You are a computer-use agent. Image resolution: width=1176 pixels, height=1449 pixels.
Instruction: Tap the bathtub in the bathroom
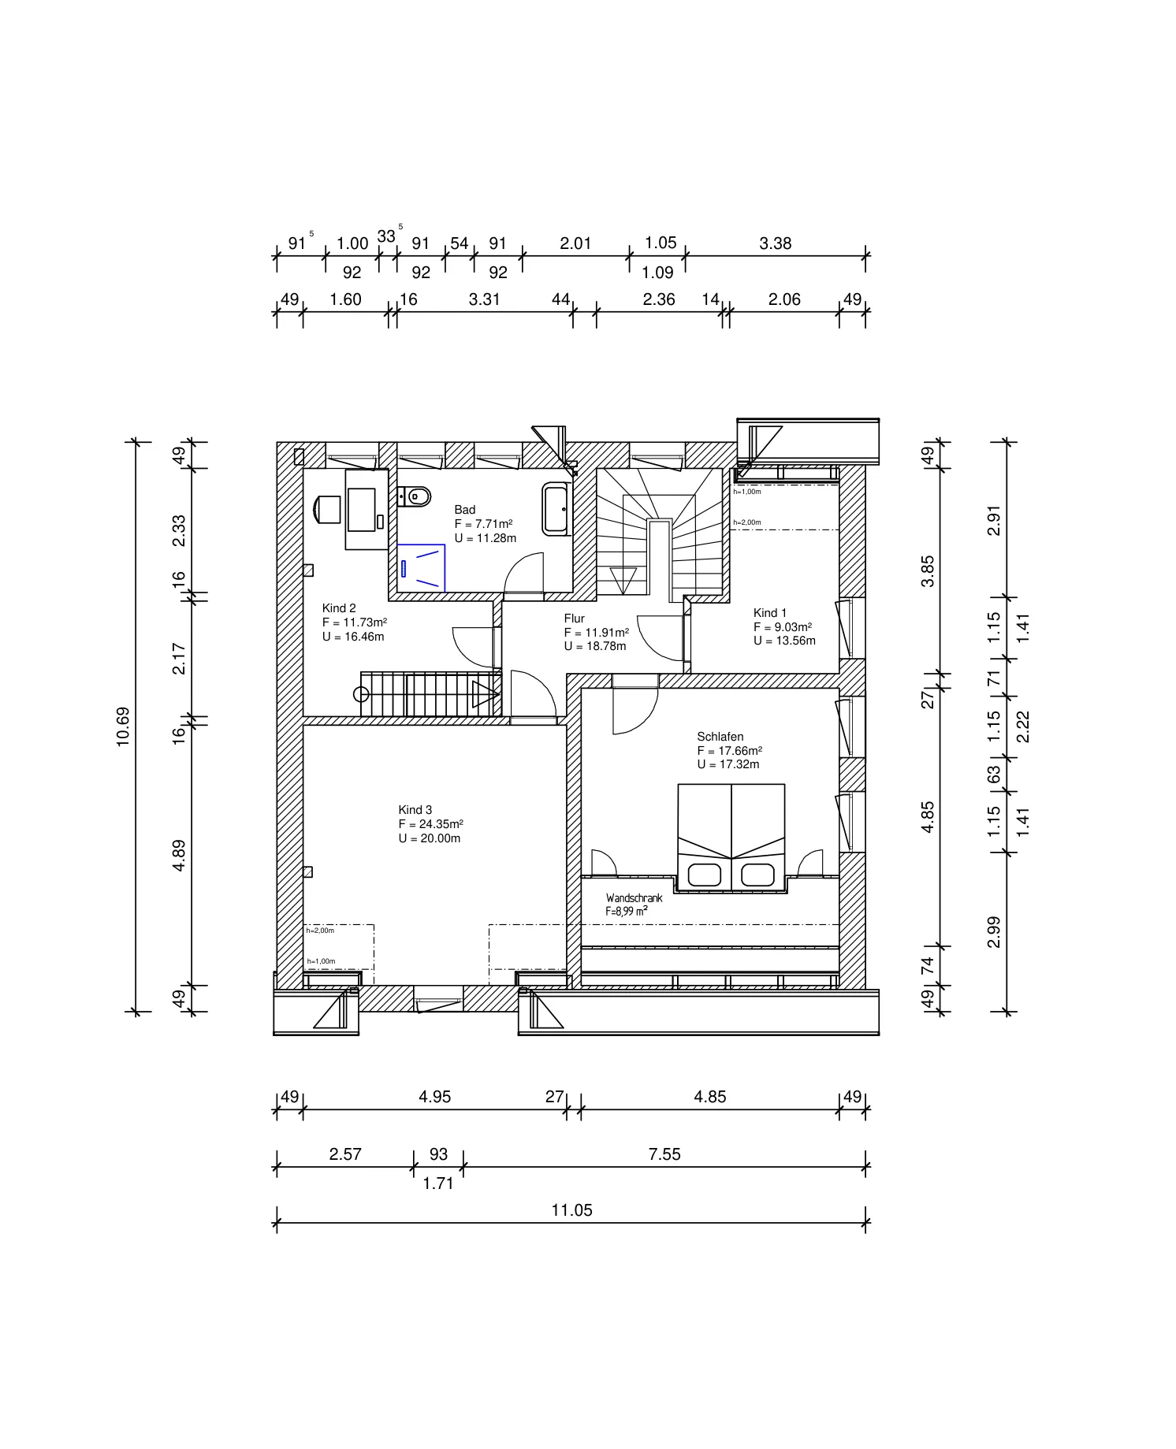[x=557, y=510]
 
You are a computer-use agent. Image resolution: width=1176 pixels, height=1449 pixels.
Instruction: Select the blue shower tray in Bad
[x=421, y=567]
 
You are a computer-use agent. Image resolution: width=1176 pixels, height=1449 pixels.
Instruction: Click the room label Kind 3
[x=415, y=810]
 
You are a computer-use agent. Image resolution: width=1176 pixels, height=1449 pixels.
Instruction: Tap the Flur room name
[x=575, y=619]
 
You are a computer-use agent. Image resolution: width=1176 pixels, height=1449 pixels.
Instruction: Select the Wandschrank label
[x=635, y=898]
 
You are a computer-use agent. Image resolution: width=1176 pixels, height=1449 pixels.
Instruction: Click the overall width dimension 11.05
[x=571, y=1210]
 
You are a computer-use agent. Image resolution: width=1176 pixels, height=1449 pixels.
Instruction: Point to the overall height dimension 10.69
[x=123, y=726]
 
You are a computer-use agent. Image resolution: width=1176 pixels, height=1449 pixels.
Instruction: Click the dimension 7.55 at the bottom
[x=664, y=1154]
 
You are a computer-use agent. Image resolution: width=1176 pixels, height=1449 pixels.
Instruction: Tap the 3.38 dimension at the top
[x=776, y=243]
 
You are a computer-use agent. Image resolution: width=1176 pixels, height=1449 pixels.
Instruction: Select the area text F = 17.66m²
[x=730, y=751]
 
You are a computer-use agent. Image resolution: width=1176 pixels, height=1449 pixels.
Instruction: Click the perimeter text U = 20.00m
[x=430, y=838]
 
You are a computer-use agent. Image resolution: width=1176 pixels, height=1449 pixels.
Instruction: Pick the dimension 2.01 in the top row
[x=575, y=243]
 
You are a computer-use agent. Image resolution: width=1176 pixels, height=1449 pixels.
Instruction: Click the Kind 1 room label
[x=770, y=613]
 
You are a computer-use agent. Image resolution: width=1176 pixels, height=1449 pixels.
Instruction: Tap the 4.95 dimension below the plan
[x=434, y=1097]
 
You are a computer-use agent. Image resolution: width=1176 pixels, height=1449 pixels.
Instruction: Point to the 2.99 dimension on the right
[x=994, y=932]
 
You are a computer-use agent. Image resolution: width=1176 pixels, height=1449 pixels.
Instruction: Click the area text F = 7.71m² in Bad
[x=484, y=524]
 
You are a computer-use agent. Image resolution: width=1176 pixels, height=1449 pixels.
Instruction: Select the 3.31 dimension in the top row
[x=484, y=299]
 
